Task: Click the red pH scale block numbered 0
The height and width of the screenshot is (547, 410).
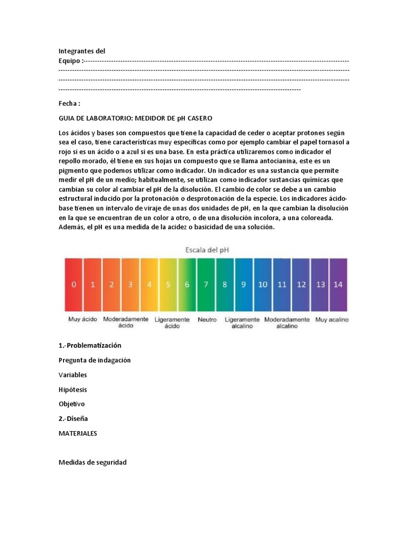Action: (x=74, y=285)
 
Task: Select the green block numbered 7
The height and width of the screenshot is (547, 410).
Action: (x=206, y=285)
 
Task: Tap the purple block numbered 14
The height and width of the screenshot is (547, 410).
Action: (x=338, y=285)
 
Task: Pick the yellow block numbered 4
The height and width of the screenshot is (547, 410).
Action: (x=149, y=285)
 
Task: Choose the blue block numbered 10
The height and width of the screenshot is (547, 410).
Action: (x=263, y=285)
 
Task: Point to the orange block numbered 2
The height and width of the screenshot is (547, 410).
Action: (x=112, y=285)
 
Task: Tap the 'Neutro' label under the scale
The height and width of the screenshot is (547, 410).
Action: (x=207, y=319)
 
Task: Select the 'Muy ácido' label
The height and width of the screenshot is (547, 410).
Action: (x=82, y=319)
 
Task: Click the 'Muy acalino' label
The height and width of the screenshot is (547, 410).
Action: (x=332, y=319)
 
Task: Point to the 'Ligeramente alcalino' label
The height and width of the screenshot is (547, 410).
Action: (x=242, y=323)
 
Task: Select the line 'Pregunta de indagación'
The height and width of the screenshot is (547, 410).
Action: (x=94, y=360)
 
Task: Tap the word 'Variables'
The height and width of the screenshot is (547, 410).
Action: (x=73, y=375)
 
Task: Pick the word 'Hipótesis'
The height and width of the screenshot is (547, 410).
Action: (x=73, y=389)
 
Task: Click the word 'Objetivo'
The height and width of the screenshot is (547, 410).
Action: (x=72, y=404)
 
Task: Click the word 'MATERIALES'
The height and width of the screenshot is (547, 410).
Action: (x=78, y=434)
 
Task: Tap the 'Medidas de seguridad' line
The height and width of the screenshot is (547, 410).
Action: (x=92, y=462)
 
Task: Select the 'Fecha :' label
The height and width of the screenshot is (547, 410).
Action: (x=69, y=104)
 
